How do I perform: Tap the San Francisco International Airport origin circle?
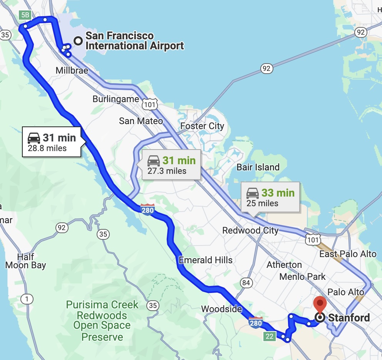(78, 40)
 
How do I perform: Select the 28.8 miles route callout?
(52, 142)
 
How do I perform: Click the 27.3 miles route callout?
(171, 165)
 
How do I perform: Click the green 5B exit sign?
(25, 15)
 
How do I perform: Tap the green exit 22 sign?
(270, 336)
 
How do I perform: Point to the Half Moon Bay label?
(25, 261)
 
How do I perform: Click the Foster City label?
(202, 126)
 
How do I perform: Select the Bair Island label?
(258, 167)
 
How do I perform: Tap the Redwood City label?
(250, 230)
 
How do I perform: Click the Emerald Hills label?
(206, 260)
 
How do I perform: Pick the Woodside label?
(221, 309)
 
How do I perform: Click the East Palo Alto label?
(348, 254)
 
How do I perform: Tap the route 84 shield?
(246, 283)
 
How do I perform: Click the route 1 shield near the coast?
(27, 298)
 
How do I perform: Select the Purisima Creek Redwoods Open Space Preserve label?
(102, 321)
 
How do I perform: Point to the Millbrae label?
(72, 71)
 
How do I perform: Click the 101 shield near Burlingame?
(149, 104)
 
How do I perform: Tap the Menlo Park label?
(302, 276)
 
